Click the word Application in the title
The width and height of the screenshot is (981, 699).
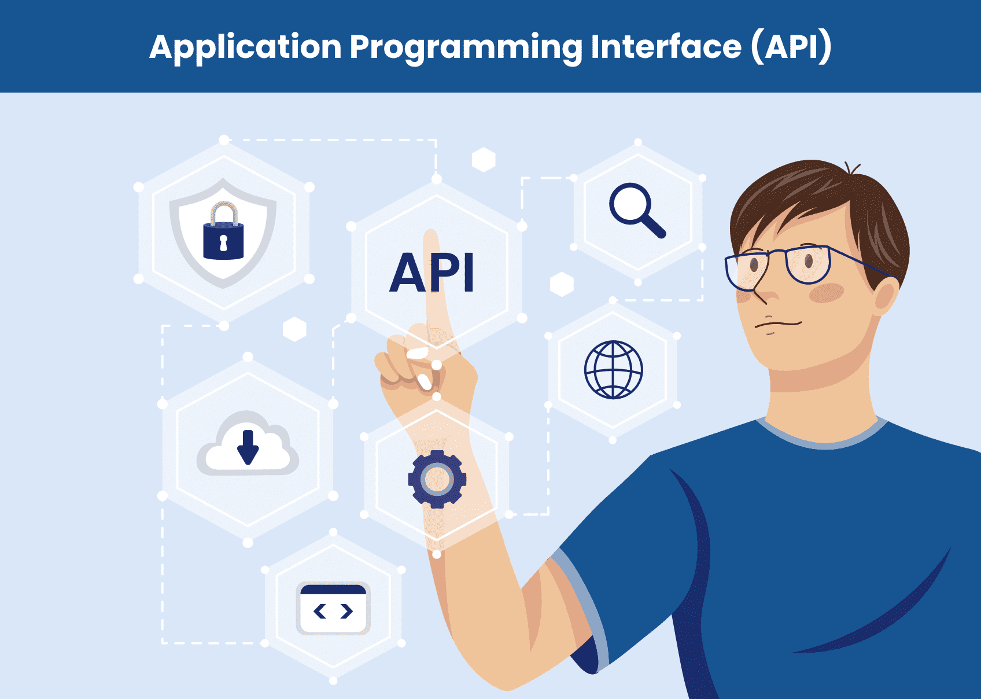point(245,47)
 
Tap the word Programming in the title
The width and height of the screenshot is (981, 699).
point(466,47)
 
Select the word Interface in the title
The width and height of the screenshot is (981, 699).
point(666,47)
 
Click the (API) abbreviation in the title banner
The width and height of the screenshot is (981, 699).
point(791,47)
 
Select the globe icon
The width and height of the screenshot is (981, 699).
point(613,370)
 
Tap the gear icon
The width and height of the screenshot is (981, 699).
point(437,479)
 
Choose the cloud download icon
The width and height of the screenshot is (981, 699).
point(248,446)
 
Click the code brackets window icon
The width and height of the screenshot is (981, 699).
point(333,608)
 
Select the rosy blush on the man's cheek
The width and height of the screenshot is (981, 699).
point(827,293)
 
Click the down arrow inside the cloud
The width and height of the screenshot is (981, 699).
point(248,448)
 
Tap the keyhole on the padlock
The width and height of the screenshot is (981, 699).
point(223,242)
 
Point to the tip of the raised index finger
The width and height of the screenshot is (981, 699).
point(431,235)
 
